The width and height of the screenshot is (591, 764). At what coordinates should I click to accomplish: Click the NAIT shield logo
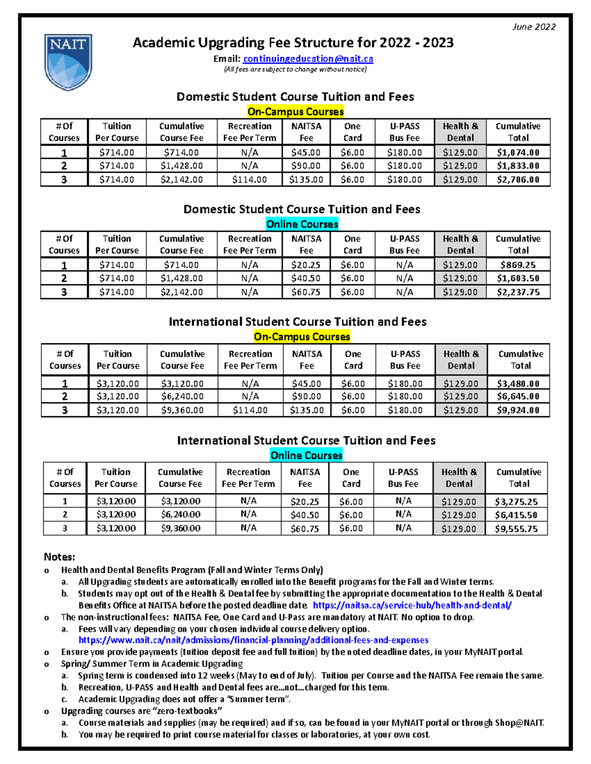68,61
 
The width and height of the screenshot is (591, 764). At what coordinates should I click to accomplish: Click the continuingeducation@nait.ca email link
308,59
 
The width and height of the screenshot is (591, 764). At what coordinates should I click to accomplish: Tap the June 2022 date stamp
534,27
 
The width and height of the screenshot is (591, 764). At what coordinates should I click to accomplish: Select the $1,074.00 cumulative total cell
518,153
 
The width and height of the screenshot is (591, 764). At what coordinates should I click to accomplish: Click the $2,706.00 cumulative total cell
518,180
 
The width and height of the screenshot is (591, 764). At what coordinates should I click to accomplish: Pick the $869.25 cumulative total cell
518,265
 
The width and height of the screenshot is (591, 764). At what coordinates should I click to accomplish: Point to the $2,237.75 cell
518,292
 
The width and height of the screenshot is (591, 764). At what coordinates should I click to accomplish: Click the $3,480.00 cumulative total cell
518,383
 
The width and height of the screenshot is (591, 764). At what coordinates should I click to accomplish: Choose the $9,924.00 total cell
518,410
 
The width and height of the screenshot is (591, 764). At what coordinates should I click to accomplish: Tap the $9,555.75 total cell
516,529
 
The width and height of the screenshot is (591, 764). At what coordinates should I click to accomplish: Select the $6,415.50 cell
516,515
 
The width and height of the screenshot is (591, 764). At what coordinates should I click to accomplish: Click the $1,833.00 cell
518,166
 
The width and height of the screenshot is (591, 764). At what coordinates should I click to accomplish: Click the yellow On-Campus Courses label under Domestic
295,112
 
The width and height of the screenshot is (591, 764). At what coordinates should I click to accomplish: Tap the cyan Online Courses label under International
306,455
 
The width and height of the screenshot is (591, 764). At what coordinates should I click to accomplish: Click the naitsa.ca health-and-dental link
412,605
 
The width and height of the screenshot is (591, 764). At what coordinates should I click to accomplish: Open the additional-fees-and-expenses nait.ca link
253,640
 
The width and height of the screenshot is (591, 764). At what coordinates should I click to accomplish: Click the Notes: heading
60,557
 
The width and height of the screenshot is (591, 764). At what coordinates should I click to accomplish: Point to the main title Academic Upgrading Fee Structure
293,43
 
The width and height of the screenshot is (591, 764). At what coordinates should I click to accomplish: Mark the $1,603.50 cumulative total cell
518,278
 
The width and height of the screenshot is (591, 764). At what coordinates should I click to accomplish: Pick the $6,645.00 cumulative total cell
518,396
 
